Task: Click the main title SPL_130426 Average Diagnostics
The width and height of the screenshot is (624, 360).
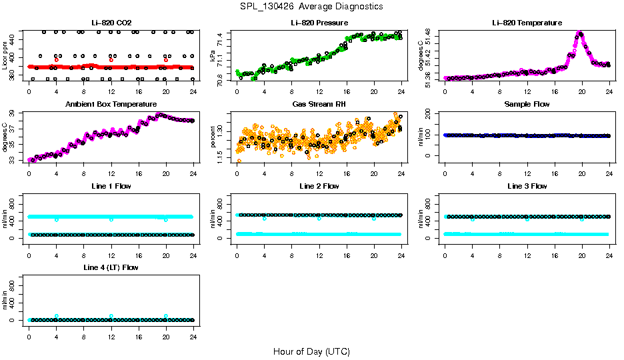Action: [312, 6]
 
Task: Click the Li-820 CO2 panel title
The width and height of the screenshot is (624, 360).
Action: [111, 23]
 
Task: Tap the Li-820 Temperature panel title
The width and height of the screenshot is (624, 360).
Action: [527, 23]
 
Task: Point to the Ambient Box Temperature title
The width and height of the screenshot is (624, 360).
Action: [111, 105]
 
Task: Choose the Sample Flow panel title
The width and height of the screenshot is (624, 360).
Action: [527, 105]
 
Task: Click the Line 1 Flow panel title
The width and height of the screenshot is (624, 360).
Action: [111, 186]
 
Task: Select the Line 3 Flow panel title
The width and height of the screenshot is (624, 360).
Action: [527, 186]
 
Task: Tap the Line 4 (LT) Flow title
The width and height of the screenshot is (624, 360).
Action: [111, 267]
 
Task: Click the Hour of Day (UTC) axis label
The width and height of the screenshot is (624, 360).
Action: [311, 351]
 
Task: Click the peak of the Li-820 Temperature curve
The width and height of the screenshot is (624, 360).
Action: [579, 33]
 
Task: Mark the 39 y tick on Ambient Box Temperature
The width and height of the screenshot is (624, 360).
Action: [15, 115]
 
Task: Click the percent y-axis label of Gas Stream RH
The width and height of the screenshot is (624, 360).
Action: [213, 137]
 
